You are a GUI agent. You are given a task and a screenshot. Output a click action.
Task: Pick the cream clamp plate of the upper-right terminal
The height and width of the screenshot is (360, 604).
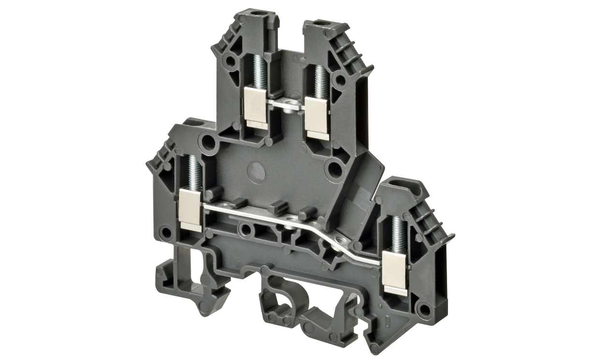click(317, 117)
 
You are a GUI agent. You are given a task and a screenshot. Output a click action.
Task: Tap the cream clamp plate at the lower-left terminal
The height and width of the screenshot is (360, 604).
click(190, 208)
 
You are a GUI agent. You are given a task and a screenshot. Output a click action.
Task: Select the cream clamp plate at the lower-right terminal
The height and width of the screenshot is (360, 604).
click(395, 271)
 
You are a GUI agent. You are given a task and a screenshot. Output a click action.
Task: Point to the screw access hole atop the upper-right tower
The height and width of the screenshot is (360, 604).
click(319, 22)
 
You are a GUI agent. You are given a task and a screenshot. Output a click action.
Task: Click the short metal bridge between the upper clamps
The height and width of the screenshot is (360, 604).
click(286, 105)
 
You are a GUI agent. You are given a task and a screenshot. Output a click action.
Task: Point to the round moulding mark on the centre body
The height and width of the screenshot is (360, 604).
click(256, 170)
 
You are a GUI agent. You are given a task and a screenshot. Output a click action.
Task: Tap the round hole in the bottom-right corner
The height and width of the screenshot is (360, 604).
click(424, 308)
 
